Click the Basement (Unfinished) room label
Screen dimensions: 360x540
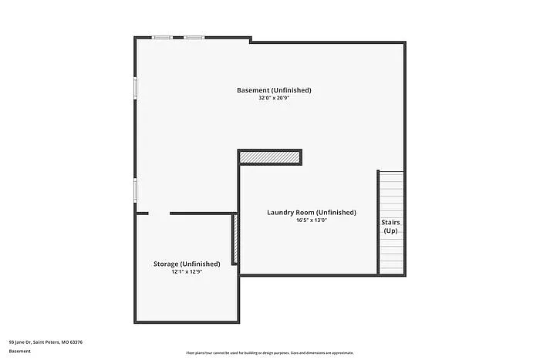point(274,90)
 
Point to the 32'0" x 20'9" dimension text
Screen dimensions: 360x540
point(274,99)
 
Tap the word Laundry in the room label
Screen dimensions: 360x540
point(282,212)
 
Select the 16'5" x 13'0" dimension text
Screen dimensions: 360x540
point(312,220)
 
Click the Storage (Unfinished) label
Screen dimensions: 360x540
point(186,264)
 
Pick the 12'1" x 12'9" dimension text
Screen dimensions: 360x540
point(186,272)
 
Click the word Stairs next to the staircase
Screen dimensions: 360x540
point(391,222)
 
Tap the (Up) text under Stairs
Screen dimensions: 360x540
point(391,230)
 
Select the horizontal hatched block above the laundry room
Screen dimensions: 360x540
point(269,157)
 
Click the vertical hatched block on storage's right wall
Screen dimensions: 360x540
point(235,241)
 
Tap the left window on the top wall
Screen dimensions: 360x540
point(162,37)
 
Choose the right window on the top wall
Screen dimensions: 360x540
point(194,37)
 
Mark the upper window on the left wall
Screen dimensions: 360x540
point(136,87)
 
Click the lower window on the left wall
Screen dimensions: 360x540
point(136,190)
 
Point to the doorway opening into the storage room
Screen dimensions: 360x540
point(159,214)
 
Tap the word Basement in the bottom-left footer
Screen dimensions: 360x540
point(20,352)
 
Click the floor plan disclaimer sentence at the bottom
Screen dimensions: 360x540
point(269,352)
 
